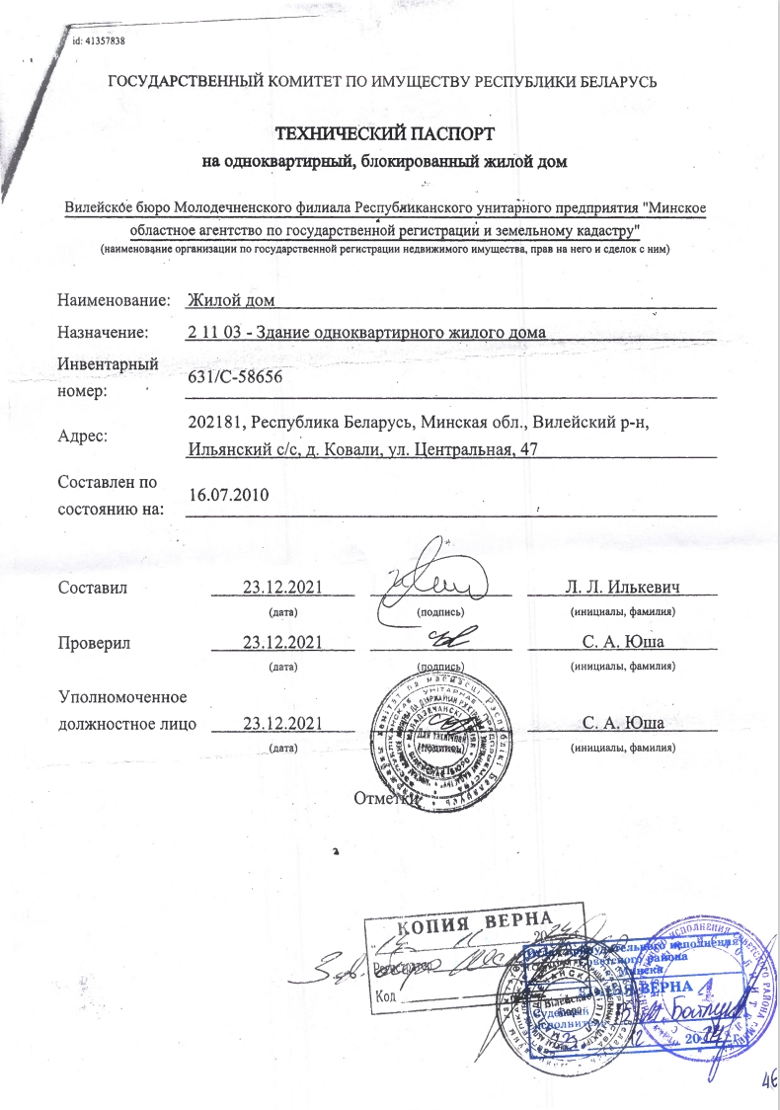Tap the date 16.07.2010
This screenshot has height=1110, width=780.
click(228, 494)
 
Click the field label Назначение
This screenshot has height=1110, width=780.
click(104, 332)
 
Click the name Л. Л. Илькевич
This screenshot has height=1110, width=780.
click(623, 588)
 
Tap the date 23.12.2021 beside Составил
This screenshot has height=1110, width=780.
click(283, 588)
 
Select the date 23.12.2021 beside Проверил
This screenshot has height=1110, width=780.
click(283, 643)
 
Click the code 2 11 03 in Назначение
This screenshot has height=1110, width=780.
click(211, 332)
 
